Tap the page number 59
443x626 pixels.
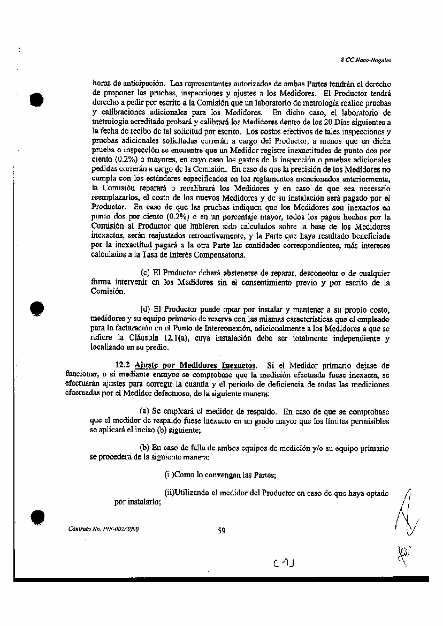pyautogui.click(x=222, y=531)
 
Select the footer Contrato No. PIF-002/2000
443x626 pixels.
pyautogui.click(x=104, y=529)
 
